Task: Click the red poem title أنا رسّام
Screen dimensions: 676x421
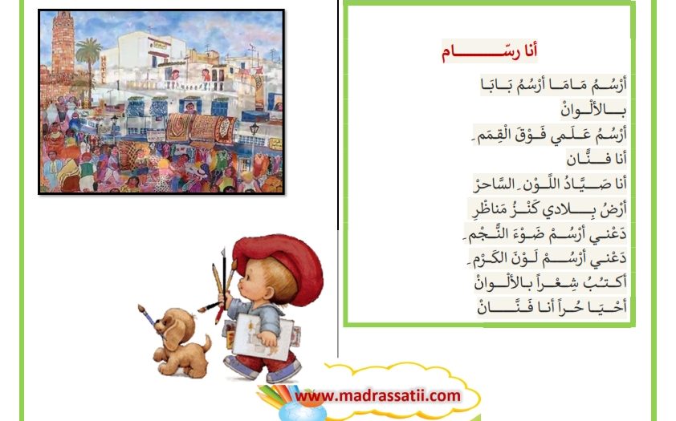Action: point(489,51)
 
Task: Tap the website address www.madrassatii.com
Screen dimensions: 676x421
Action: point(377,395)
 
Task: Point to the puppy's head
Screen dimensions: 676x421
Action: point(173,327)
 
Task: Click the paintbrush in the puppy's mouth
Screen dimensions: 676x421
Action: point(149,318)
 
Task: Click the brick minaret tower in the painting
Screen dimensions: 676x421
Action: point(63,43)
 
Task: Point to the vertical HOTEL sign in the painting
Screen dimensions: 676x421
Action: point(104,69)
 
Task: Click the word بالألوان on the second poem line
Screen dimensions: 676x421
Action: point(593,110)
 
